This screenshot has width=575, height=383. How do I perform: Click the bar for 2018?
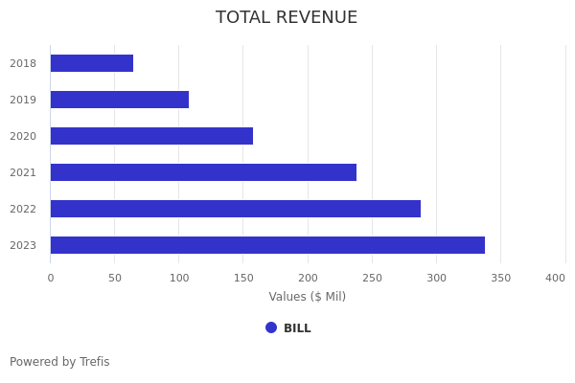click(92, 63)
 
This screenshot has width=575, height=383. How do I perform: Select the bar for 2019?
click(120, 100)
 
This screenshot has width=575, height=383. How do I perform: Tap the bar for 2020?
click(151, 136)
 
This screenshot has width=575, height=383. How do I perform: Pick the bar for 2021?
click(203, 172)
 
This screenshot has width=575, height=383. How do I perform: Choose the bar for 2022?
click(236, 209)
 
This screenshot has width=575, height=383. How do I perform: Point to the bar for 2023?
click(267, 245)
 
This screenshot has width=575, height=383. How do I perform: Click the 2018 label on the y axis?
click(23, 64)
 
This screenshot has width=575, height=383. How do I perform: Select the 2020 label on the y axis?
click(23, 137)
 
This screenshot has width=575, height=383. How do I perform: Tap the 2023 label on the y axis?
click(23, 246)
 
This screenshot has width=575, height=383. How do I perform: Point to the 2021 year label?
click(23, 173)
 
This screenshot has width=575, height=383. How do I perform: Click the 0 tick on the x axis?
click(51, 279)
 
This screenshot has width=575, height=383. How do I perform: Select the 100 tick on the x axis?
click(179, 279)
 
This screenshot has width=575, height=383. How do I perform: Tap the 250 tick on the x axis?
click(372, 279)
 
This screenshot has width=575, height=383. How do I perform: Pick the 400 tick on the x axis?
click(556, 279)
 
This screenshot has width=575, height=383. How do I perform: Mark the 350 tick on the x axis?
click(500, 279)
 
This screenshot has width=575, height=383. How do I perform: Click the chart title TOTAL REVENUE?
click(287, 18)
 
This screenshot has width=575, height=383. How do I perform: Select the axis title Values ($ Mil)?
click(307, 297)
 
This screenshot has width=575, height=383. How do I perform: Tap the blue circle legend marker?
click(271, 327)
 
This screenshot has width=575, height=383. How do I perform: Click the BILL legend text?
click(297, 328)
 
